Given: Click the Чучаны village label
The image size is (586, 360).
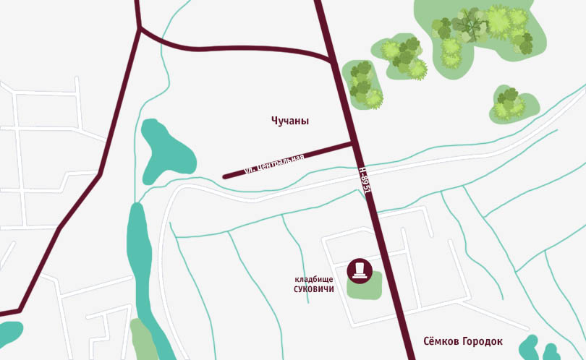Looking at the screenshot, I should (289, 121).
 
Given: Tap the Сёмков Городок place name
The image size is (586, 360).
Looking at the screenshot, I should (462, 341).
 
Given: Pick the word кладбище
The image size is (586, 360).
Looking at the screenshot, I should (314, 279).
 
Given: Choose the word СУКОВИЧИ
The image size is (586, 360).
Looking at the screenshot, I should (314, 289).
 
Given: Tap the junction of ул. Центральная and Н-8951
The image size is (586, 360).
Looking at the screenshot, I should (353, 143).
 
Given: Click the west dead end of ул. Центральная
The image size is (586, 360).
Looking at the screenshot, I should (225, 176).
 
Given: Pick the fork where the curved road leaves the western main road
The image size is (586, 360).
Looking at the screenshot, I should (140, 28).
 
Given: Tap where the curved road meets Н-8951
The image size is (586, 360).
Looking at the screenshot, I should (333, 61).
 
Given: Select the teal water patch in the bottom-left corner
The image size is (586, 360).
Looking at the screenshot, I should (10, 333).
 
